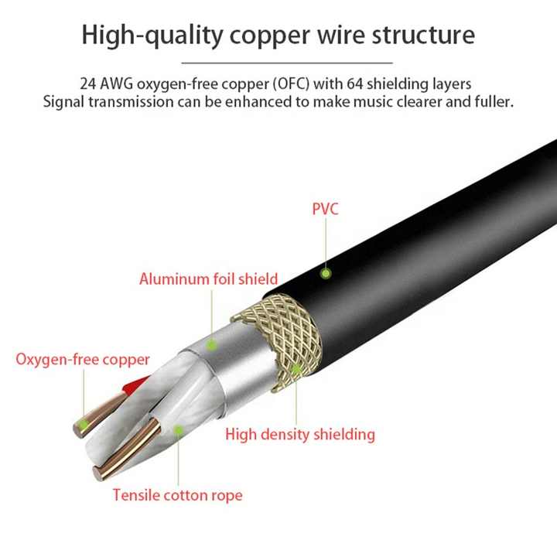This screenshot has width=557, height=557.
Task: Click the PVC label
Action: (x=325, y=209)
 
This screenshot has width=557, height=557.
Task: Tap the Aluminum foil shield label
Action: (x=209, y=278)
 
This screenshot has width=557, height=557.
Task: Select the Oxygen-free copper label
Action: (x=83, y=360)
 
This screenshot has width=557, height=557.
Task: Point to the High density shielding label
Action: (x=300, y=435)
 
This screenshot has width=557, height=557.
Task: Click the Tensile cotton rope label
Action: (x=178, y=495)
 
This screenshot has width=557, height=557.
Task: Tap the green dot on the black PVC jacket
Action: (x=326, y=274)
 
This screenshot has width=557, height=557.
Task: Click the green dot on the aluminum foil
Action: (x=212, y=344)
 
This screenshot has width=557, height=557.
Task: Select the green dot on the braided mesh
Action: (x=296, y=370)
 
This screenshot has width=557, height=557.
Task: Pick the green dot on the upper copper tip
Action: (x=83, y=425)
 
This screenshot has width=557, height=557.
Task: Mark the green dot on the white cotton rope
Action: (x=179, y=430)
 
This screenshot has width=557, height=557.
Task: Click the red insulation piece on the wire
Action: (x=135, y=385)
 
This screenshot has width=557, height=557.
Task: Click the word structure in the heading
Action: (x=423, y=35)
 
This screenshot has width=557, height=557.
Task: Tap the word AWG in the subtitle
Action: (x=117, y=84)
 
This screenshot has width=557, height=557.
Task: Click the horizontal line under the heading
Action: (x=287, y=63)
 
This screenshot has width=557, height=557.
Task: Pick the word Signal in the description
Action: (x=64, y=102)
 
